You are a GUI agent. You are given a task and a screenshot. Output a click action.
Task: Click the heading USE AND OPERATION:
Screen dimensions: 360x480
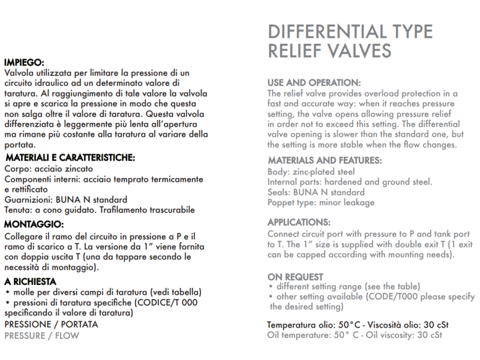pyautogui.click(x=314, y=82)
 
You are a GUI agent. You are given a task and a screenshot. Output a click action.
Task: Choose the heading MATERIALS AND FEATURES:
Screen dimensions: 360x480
pyautogui.click(x=324, y=161)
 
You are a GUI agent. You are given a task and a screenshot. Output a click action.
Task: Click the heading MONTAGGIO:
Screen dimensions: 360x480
pyautogui.click(x=34, y=224)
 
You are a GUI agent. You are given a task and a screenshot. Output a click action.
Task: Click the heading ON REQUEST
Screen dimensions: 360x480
pyautogui.click(x=295, y=277)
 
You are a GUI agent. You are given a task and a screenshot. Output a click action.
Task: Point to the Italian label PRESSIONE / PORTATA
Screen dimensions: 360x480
pyautogui.click(x=51, y=325)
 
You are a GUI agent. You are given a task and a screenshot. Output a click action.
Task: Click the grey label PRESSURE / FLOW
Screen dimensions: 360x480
pyautogui.click(x=41, y=335)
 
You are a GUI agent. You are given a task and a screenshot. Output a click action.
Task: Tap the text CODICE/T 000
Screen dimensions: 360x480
pyautogui.click(x=169, y=302)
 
